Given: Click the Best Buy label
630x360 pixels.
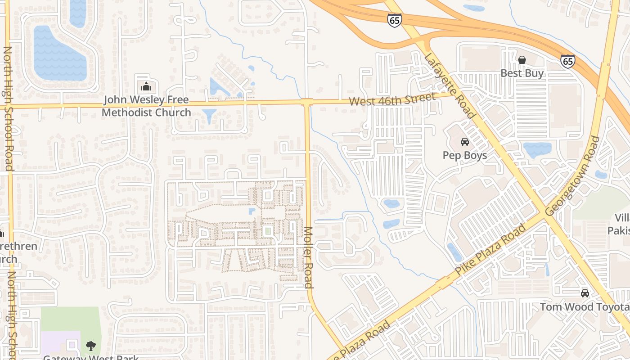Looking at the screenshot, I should [x=522, y=73].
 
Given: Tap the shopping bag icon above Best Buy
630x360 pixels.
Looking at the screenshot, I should [x=522, y=60].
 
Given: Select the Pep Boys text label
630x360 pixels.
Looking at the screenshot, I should [x=465, y=155].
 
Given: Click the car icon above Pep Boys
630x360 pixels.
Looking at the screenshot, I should [x=465, y=142].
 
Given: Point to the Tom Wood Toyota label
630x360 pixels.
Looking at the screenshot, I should [x=584, y=307].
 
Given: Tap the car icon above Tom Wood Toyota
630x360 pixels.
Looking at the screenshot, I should [x=585, y=293].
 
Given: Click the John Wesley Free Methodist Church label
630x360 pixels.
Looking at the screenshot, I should [x=146, y=106].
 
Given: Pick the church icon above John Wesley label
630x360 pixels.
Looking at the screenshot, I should [x=146, y=86].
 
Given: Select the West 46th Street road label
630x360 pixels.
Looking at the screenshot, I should [x=392, y=99].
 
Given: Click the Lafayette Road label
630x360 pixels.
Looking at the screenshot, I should [x=449, y=85].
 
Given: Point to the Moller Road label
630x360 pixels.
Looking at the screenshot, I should [x=308, y=257].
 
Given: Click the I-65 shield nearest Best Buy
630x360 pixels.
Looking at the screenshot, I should [x=567, y=61].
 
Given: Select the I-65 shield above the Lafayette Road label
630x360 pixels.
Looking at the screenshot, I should [x=394, y=20].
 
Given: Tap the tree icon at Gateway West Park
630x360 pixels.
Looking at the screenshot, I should [x=91, y=346].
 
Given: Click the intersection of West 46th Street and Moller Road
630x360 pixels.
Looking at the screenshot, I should [x=307, y=103].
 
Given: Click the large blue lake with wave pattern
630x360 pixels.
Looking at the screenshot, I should [x=58, y=54].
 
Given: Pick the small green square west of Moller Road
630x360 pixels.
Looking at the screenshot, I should [x=268, y=231].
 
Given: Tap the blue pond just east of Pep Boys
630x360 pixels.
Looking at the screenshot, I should [x=537, y=149].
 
